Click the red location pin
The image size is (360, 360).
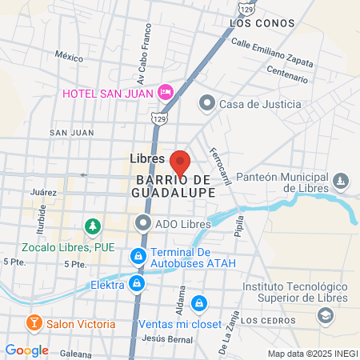click(x=180, y=162)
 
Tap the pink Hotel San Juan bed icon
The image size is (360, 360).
click(x=166, y=92)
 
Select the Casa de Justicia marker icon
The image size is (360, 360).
click(x=207, y=103)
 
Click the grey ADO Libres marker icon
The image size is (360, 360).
click(x=143, y=222)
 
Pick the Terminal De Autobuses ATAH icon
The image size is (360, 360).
click(x=138, y=255)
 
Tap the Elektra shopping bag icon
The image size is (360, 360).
click(x=138, y=284)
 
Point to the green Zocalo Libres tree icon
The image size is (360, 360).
click(x=94, y=228)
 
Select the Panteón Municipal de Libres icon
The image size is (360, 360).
click(x=342, y=181)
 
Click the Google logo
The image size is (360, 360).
click(x=27, y=350)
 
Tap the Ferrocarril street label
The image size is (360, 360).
click(x=219, y=166)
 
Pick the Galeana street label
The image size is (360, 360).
click(x=76, y=353)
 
